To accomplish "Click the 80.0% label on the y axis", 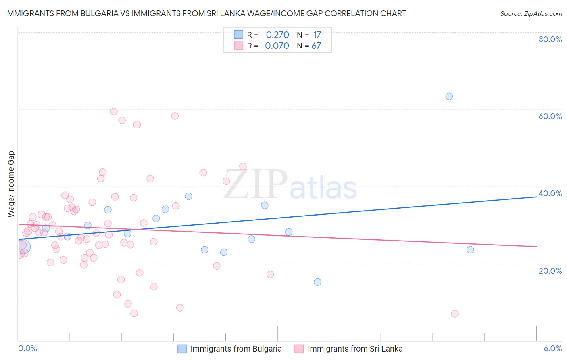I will click(x=550, y=39).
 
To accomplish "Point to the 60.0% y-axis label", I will click(x=550, y=116).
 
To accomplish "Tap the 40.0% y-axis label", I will click(x=550, y=193).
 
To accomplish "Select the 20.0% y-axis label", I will click(x=550, y=270).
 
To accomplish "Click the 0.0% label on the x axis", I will click(x=27, y=348).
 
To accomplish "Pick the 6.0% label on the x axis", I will click(x=552, y=348).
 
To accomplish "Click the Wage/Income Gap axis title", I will click(x=11, y=184).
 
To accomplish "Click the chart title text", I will click(x=205, y=13).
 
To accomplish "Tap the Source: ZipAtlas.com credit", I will click(x=531, y=13).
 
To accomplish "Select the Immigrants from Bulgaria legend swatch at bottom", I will click(x=182, y=349).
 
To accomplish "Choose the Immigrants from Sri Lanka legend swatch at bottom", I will click(x=299, y=349).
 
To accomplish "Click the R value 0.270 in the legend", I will click(x=277, y=35).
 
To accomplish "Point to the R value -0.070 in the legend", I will click(x=275, y=46).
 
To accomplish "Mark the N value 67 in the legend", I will click(x=316, y=46).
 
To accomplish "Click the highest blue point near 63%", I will click(x=449, y=96).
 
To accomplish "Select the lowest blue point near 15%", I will click(x=317, y=282).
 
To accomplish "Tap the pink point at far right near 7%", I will click(x=454, y=314).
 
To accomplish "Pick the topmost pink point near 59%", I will click(x=114, y=111).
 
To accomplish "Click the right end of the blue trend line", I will click(x=536, y=197).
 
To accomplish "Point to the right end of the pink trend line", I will click(x=536, y=246).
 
